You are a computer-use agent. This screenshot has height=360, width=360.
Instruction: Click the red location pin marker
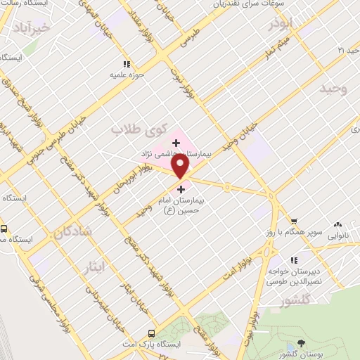point(181,166)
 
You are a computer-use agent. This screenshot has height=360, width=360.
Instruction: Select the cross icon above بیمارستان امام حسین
point(181,189)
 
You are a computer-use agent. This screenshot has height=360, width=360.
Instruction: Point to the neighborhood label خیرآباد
point(32,27)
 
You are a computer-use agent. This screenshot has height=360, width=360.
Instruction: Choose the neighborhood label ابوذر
point(278,25)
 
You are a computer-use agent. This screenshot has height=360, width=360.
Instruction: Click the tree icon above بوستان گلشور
point(301,342)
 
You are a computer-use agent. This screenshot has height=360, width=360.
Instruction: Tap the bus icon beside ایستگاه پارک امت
point(150,333)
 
